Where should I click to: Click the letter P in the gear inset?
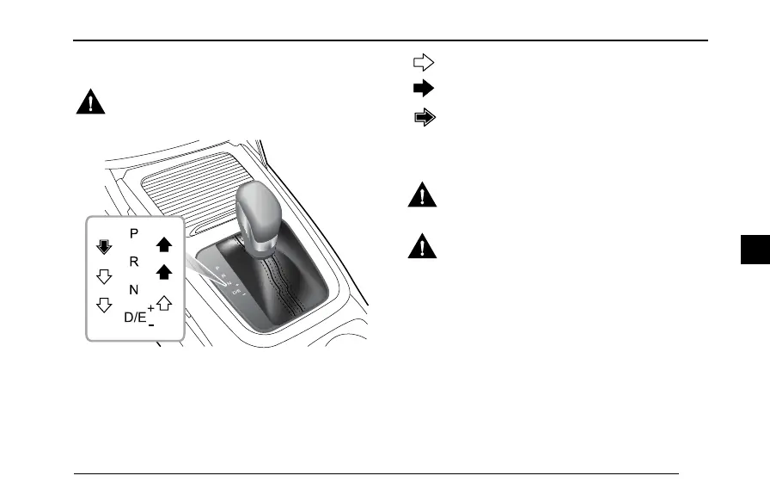point(133,233)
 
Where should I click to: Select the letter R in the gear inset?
point(133,261)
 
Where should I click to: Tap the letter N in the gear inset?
point(133,289)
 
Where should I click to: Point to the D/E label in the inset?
point(135,317)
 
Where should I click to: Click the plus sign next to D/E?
point(150,307)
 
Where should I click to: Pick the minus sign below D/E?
point(151,326)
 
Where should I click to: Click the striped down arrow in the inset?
point(104,248)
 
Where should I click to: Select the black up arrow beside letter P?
point(163,244)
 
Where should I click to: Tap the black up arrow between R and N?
point(163,273)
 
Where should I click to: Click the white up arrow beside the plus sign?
point(164,302)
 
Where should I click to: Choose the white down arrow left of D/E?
point(104,306)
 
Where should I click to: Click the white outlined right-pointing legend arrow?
point(424,62)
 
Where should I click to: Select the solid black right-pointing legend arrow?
point(424,88)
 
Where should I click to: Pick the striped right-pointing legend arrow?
point(425,119)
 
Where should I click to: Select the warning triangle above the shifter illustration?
point(89,103)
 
